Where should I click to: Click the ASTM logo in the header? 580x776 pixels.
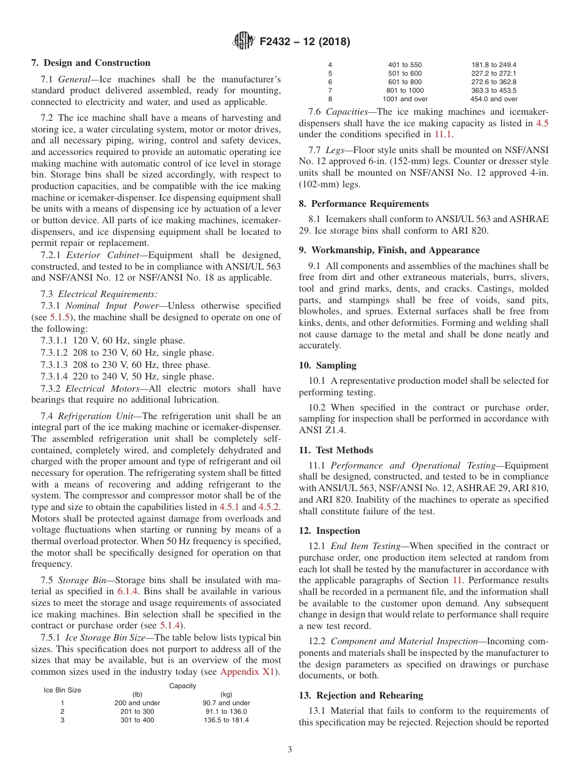point(244,41)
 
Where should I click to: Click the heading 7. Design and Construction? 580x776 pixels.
point(90,63)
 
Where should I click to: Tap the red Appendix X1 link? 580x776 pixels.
point(248,672)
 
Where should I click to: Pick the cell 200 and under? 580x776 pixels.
point(137,703)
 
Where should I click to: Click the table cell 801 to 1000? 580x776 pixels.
point(405,90)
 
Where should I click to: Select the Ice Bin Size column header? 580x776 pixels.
point(62,690)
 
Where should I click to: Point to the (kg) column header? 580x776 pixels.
point(226,694)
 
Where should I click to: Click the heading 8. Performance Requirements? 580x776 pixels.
point(363,204)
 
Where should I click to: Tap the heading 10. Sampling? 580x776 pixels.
point(327,365)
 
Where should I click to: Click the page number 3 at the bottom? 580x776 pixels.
point(290,750)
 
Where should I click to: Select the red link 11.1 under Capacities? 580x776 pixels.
point(443,134)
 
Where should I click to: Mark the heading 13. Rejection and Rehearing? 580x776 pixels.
point(360,695)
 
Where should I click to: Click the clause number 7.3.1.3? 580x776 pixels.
point(59,365)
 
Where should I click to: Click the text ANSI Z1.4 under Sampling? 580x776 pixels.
point(322,430)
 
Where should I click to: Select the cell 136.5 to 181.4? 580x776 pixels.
point(226,720)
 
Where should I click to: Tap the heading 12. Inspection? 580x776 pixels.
point(329,531)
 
